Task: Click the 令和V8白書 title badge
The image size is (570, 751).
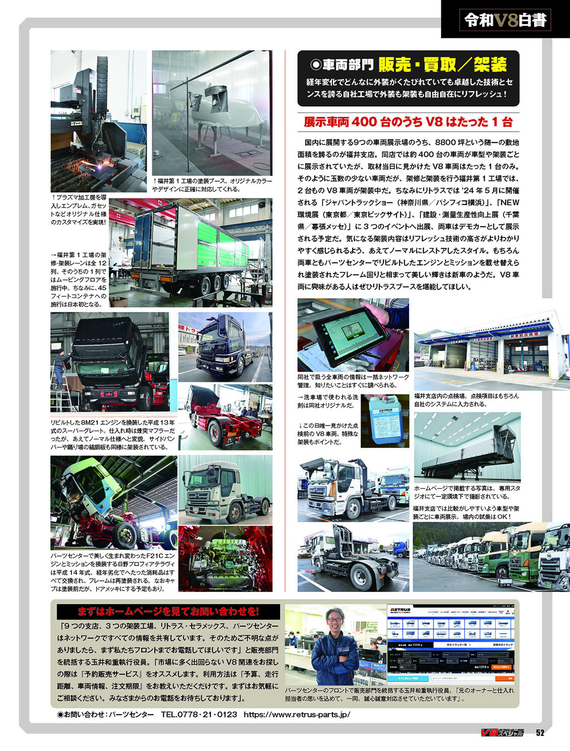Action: (x=505, y=20)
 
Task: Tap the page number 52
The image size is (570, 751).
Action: (x=540, y=733)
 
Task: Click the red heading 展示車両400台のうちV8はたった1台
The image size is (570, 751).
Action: (x=408, y=121)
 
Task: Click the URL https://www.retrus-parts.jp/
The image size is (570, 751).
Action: (x=297, y=714)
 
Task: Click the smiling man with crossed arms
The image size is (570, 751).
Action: (x=335, y=650)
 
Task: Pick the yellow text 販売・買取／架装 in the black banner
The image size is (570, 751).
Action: (x=442, y=64)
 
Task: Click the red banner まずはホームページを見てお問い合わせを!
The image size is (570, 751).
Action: (x=168, y=611)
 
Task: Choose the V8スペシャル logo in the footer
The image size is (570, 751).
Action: (x=502, y=733)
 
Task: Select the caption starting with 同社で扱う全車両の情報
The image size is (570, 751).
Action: (x=353, y=381)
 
